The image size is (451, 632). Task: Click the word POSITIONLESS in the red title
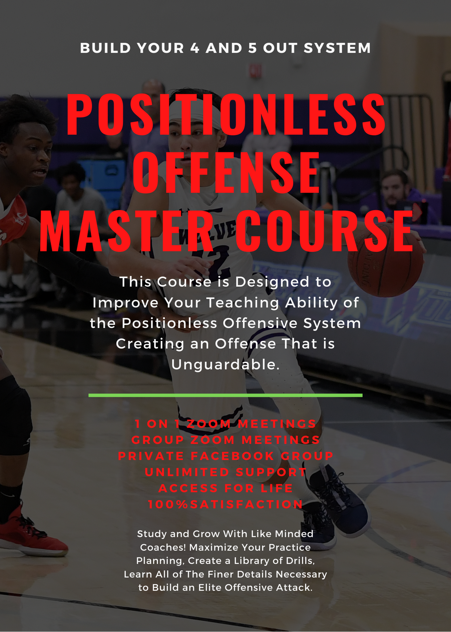(x=225, y=115)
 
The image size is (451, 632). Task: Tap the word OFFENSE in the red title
(x=225, y=173)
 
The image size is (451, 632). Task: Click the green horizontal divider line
(x=225, y=395)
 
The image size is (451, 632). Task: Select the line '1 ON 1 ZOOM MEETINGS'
(x=225, y=424)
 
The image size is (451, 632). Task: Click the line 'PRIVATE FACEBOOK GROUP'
(x=225, y=456)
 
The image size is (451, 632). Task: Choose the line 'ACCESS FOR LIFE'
(x=225, y=488)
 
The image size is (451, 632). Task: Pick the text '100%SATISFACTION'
(x=225, y=505)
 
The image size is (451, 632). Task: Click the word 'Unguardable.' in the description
(x=225, y=365)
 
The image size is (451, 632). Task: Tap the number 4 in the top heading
(x=195, y=48)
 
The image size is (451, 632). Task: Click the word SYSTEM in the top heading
(x=337, y=48)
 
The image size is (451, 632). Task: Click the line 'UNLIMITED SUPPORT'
(x=225, y=472)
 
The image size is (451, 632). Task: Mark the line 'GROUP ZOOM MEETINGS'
(x=225, y=440)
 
